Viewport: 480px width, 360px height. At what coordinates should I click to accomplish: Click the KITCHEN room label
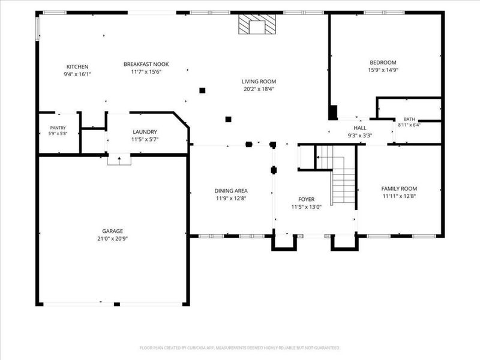pos(77,67)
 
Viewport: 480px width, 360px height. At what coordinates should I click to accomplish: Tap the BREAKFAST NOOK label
pos(146,64)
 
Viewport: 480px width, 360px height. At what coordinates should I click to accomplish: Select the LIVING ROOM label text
pos(259,82)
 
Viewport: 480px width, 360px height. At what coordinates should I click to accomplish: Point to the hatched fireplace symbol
pos(257,24)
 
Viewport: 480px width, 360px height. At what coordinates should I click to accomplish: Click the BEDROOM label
pos(383,62)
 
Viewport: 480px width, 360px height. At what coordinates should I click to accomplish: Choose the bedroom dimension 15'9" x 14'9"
pos(383,70)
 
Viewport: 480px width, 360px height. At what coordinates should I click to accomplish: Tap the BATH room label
pos(409,119)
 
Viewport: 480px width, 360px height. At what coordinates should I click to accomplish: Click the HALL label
pos(359,128)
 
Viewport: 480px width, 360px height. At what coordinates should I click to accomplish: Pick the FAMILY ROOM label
pos(399,188)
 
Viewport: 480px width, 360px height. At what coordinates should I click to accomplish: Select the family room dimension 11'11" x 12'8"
pos(399,196)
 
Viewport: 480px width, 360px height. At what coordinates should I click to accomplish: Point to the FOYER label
pos(306,199)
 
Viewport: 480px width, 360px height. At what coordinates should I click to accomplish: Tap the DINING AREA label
pos(231,191)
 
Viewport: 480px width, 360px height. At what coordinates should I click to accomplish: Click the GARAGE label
pos(113,231)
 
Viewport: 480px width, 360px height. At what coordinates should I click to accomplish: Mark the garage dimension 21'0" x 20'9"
pos(113,239)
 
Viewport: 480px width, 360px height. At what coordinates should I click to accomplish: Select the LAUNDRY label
pos(145,132)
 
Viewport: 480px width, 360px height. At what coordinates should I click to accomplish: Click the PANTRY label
pos(58,128)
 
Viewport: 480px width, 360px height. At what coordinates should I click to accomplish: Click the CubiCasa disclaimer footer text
pos(239,348)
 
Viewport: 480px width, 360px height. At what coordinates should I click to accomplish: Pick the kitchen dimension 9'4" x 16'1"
pos(77,74)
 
